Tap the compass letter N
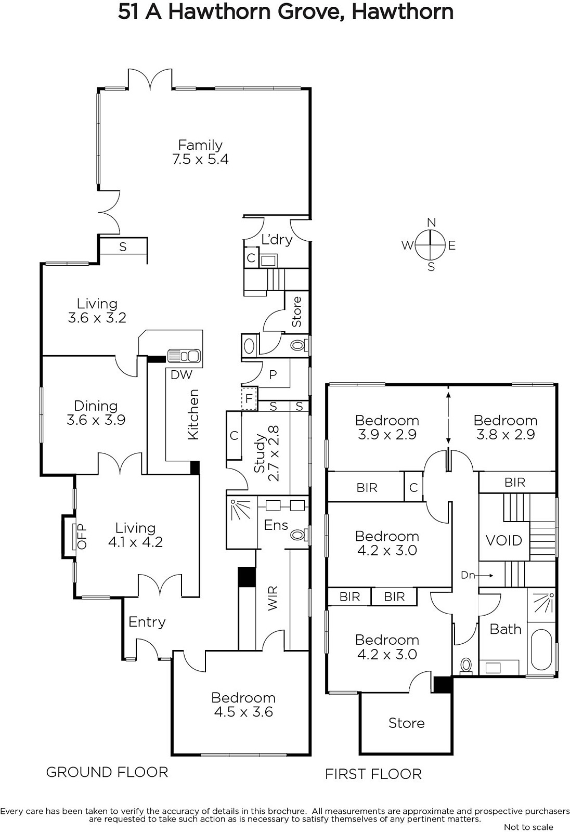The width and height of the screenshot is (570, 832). point(431,223)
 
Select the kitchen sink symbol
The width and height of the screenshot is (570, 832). point(184,356)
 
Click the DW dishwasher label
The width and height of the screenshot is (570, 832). point(182,375)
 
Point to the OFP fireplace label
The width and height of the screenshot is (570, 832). point(81,536)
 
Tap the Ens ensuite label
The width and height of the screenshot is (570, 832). point(276,525)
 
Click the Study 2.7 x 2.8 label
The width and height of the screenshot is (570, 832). point(266,453)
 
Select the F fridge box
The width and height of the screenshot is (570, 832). point(249,399)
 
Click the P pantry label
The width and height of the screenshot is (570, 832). point(273,375)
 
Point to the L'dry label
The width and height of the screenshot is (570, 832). point(277,240)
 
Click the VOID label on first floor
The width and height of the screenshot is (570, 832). point(503,540)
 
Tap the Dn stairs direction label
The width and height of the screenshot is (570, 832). point(468,575)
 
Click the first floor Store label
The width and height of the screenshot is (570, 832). point(406,723)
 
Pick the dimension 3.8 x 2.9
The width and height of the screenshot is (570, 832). point(506,434)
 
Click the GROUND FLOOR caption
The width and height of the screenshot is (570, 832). point(107,772)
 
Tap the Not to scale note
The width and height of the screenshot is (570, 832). point(528,827)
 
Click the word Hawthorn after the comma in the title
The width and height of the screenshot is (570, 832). point(403,11)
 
